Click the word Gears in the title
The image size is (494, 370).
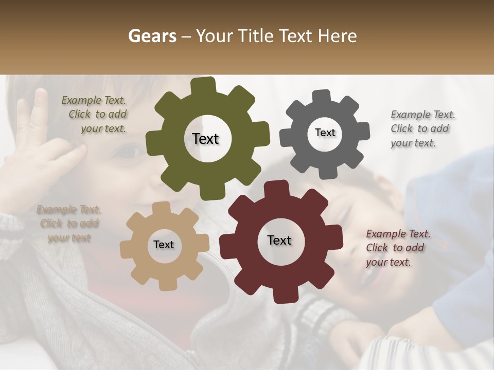[152, 36]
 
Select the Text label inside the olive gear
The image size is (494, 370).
[205, 139]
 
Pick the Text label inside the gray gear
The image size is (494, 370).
[325, 133]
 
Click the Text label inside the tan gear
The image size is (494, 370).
[164, 245]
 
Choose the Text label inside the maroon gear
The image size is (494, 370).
[279, 240]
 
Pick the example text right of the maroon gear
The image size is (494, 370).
[397, 248]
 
